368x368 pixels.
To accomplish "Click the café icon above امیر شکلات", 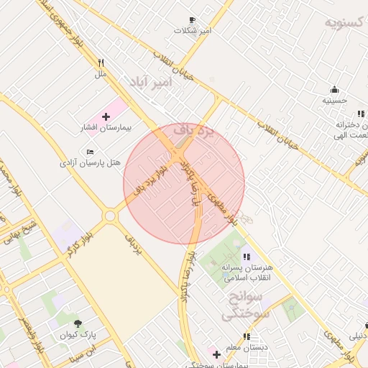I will (x=192, y=20).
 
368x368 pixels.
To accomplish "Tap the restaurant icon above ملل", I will (x=101, y=63).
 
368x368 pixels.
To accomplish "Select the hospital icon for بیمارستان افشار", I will (x=106, y=116).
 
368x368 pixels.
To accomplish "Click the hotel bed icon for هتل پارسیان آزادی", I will (x=89, y=152).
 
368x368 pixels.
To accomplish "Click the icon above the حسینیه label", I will (x=334, y=90).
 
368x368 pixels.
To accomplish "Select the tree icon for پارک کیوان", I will (x=78, y=322).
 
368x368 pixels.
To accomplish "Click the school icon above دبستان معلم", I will (x=247, y=336).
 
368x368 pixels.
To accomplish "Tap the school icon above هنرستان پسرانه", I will (x=247, y=256).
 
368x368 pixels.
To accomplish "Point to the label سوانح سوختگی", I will (x=245, y=305).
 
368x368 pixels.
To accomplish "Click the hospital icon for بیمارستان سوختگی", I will (x=216, y=354).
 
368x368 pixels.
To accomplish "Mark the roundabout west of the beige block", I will (x=110, y=215).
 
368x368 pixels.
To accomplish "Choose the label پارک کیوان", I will (x=77, y=334).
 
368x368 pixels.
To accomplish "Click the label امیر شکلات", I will (x=196, y=31).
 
